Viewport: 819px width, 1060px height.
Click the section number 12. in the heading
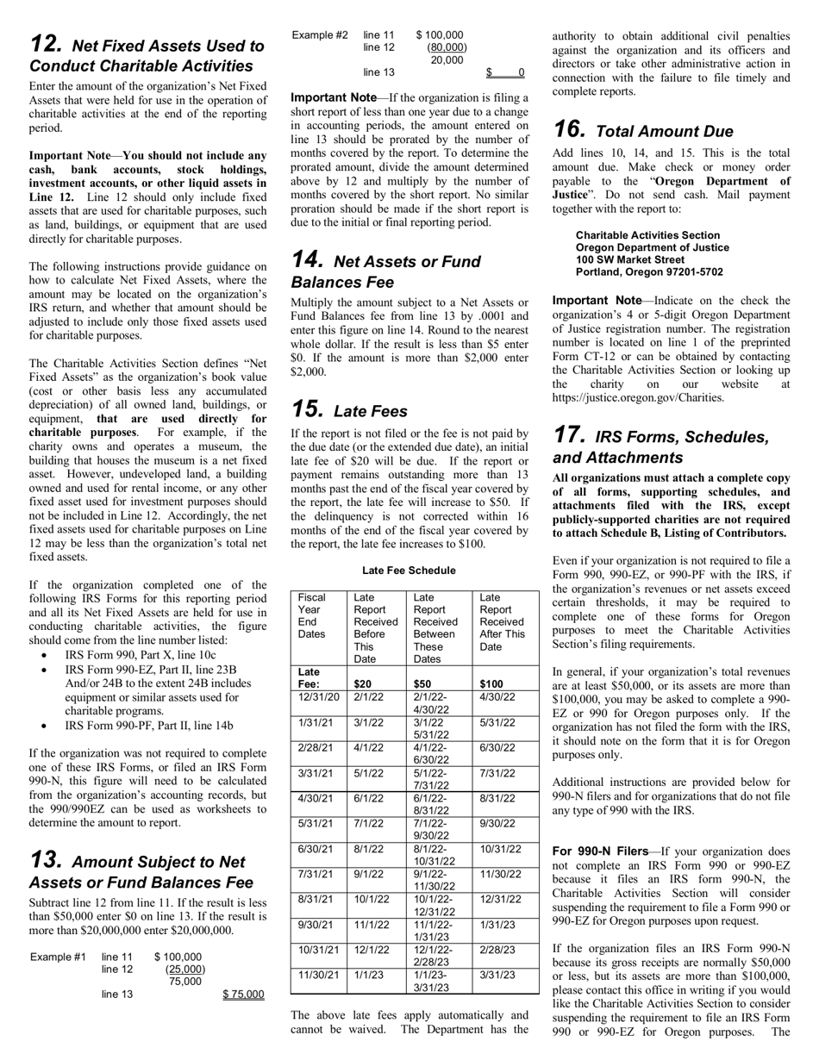[46, 44]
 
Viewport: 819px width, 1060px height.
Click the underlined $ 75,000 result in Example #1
[243, 995]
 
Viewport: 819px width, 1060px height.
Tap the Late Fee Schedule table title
[409, 571]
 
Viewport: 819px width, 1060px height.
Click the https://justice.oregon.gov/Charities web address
[638, 397]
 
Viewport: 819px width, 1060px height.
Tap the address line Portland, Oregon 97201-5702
[649, 272]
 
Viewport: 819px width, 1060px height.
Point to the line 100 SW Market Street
[630, 259]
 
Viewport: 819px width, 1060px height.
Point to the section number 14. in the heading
[307, 260]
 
